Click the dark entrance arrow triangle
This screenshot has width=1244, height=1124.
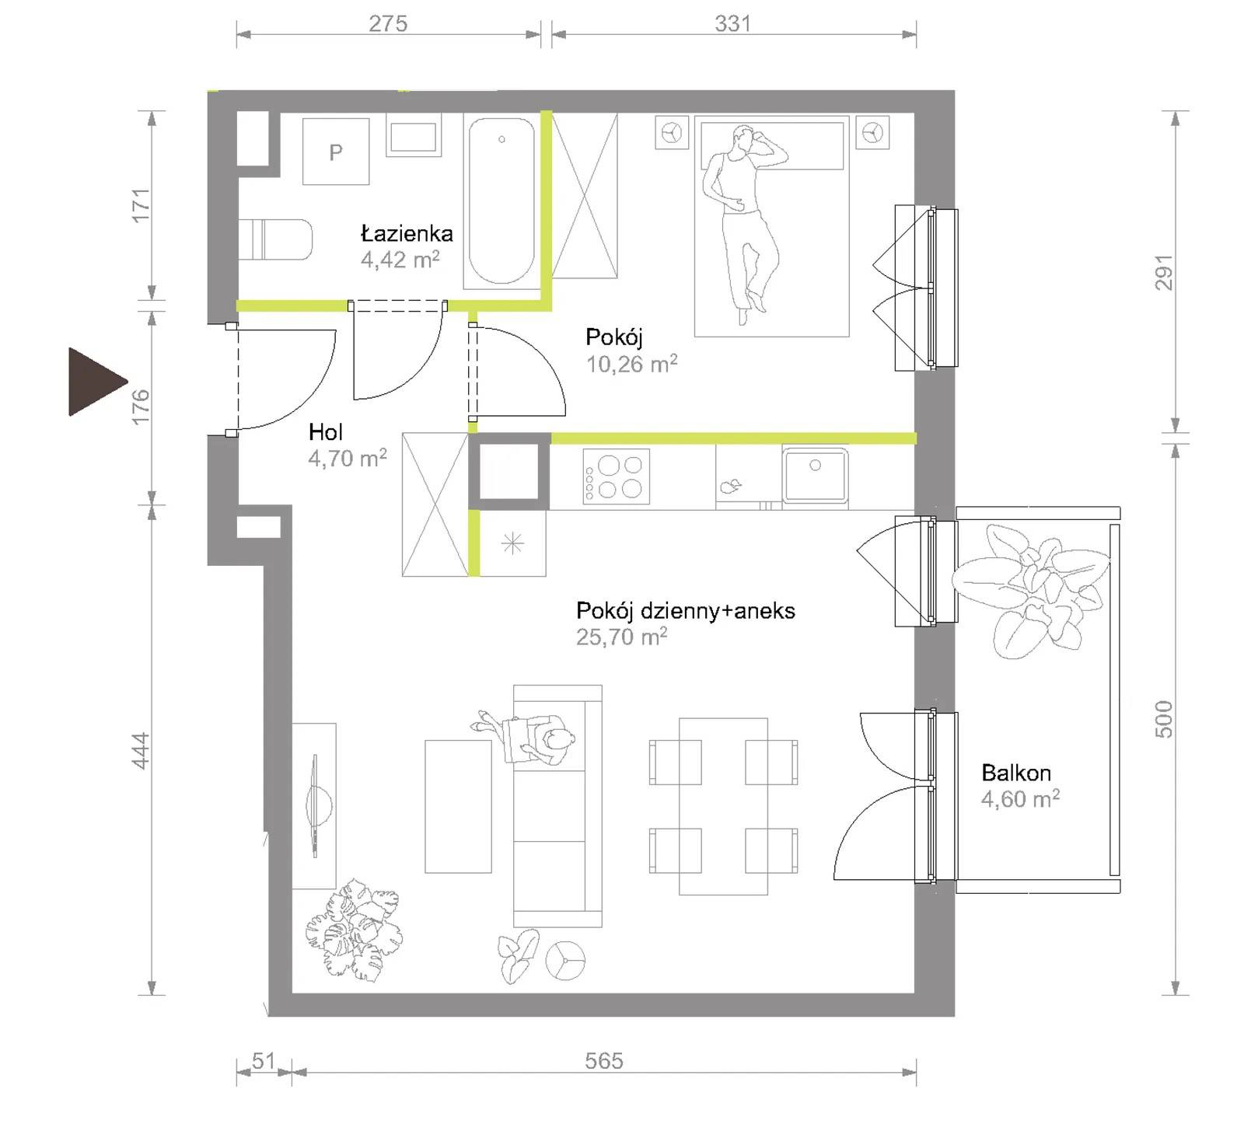tap(93, 382)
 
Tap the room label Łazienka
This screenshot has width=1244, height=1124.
tap(407, 233)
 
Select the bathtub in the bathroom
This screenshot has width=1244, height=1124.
tap(501, 201)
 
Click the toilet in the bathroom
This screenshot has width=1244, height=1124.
tap(275, 239)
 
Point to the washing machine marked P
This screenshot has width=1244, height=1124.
tap(335, 152)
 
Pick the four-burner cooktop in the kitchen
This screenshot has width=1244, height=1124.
tap(616, 476)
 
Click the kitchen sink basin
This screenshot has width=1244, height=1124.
tap(815, 475)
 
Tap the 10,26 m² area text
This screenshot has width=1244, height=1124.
tap(631, 364)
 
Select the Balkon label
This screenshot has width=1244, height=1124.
tap(1016, 773)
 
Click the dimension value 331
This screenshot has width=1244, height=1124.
tap(732, 23)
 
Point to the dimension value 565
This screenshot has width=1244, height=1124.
tap(604, 1061)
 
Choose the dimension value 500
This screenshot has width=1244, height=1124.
tap(1163, 719)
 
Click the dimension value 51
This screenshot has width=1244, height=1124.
tap(264, 1060)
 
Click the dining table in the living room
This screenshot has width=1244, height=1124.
tap(723, 806)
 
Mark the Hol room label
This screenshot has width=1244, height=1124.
tap(325, 432)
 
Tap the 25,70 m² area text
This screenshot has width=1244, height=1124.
tap(621, 637)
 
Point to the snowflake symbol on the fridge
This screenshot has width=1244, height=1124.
tap(513, 544)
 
